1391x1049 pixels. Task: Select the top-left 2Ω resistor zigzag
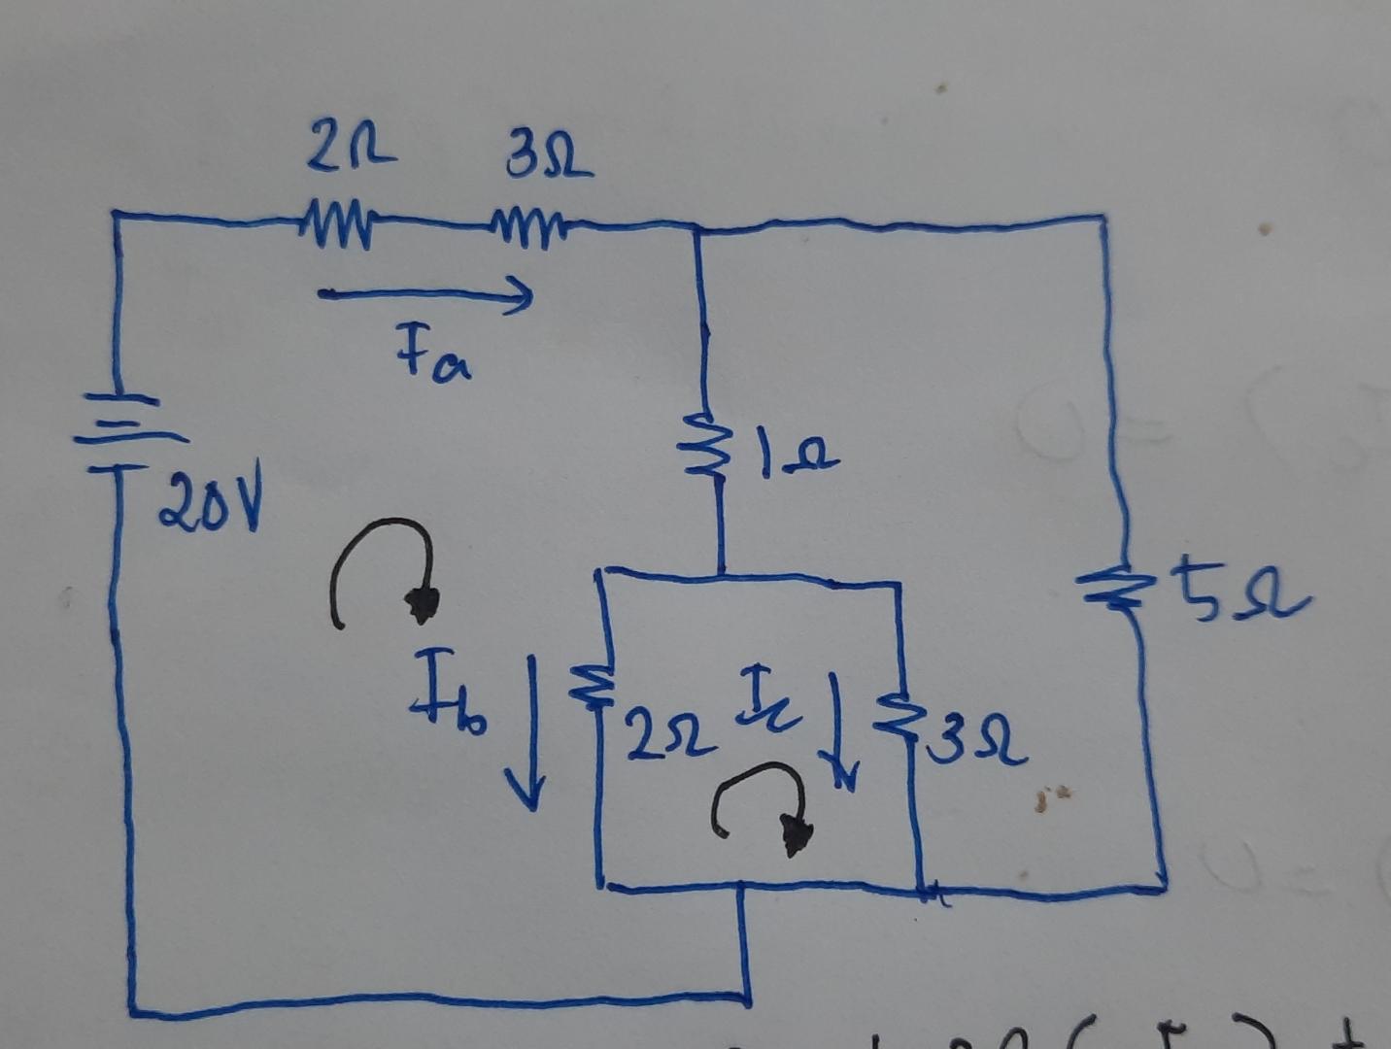point(336,223)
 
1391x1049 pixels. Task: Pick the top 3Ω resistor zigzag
point(529,229)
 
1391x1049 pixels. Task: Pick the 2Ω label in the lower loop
point(670,735)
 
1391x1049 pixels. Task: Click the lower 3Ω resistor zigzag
point(899,714)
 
